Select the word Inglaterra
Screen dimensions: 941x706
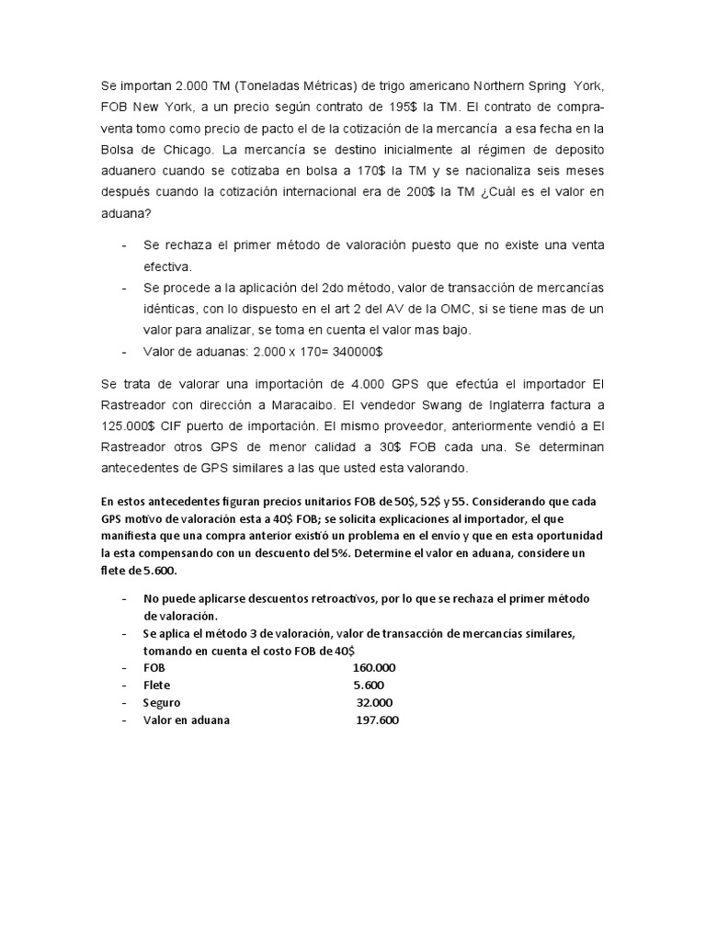539,403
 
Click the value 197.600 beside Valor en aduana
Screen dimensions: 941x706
377,721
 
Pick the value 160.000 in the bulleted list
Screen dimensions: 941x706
374,668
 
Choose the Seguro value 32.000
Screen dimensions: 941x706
375,703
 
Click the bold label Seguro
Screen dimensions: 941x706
162,703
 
